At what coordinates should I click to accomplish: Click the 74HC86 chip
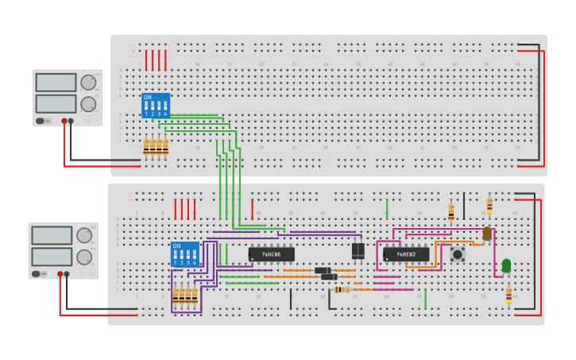[x=271, y=254]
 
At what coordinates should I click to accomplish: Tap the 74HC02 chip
[x=406, y=254]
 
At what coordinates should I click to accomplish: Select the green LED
[x=506, y=265]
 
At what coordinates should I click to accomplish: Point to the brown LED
[x=487, y=234]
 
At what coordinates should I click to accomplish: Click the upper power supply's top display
[x=56, y=83]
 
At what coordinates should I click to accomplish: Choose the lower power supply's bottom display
[x=52, y=257]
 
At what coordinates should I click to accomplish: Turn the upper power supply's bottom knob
[x=87, y=103]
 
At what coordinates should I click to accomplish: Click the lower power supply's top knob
[x=83, y=235]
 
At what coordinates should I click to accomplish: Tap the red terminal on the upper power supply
[x=64, y=121]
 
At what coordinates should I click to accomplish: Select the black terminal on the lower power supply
[x=66, y=274]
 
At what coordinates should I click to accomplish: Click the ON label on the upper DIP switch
[x=147, y=97]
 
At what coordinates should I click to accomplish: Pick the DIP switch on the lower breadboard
[x=184, y=254]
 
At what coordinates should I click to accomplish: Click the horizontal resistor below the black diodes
[x=342, y=289]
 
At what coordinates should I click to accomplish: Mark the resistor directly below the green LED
[x=508, y=294]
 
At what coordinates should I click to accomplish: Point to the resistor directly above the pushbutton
[x=451, y=211]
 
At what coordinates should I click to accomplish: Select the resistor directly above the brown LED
[x=489, y=205]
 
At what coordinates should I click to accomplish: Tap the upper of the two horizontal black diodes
[x=322, y=270]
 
